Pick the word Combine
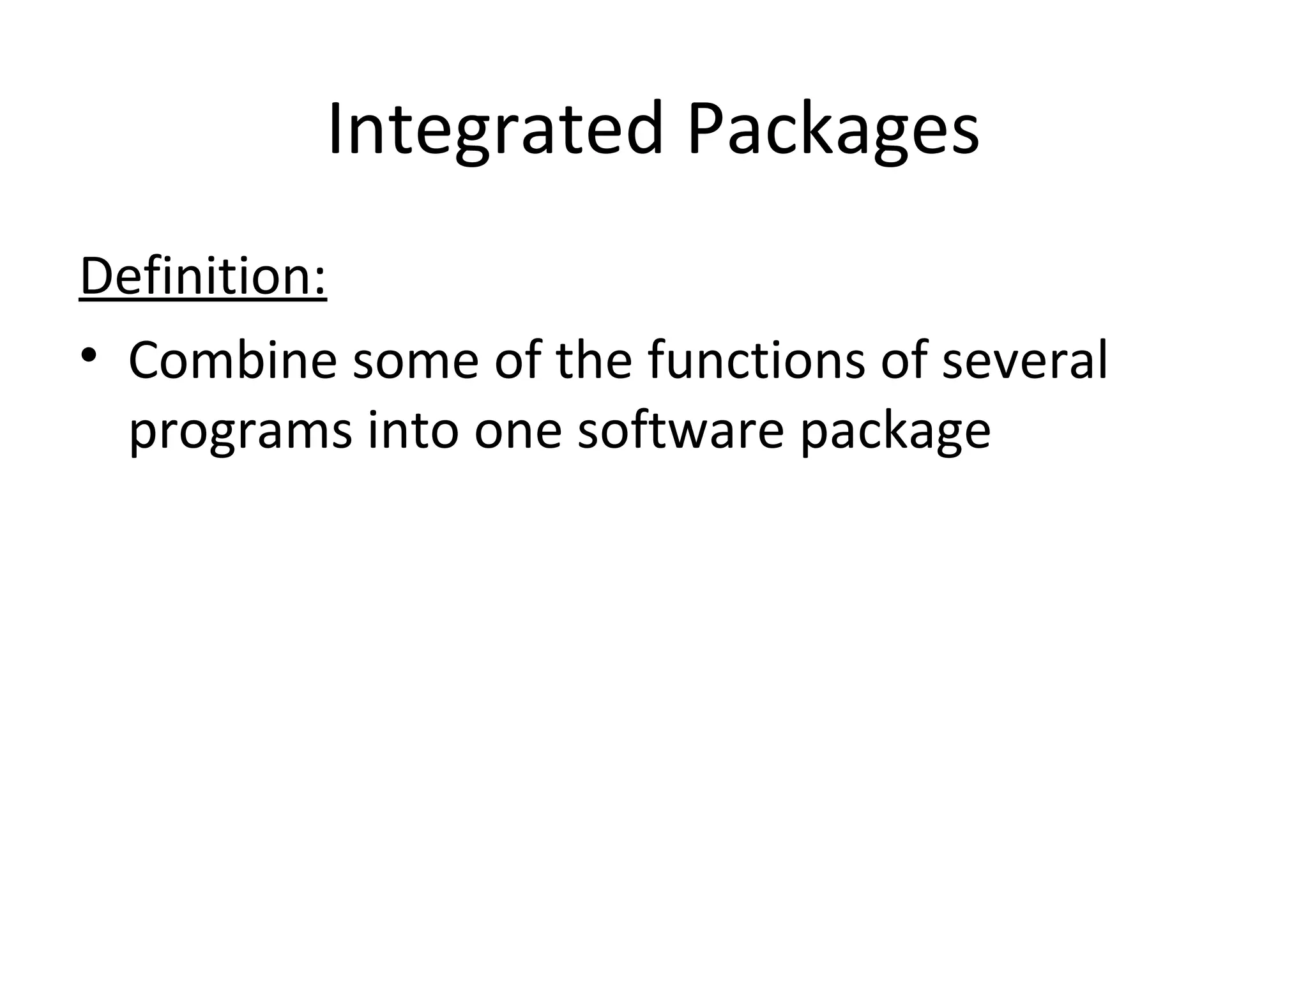click(232, 361)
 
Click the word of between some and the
click(518, 361)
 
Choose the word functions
click(756, 361)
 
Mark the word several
click(1024, 361)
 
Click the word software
click(680, 431)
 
